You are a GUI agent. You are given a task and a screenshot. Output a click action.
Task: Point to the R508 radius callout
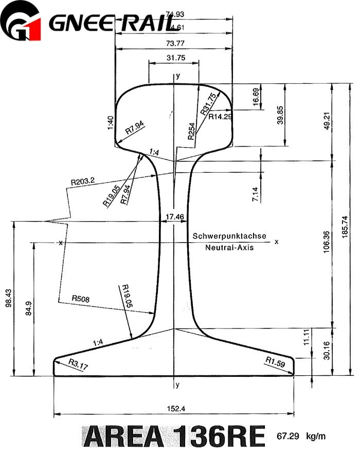point(81,298)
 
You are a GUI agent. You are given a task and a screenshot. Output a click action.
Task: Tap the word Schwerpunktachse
point(229,236)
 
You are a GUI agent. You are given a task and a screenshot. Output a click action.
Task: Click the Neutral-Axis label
point(229,247)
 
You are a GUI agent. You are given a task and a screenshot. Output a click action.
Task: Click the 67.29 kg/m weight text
point(301,436)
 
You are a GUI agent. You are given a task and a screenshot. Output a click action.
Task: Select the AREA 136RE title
point(174,436)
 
